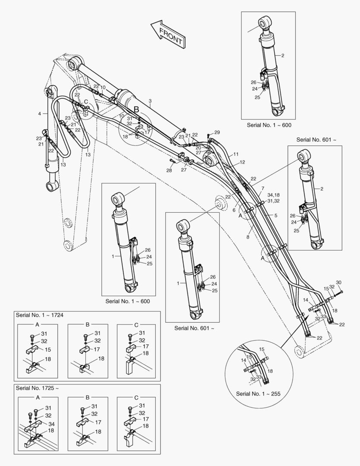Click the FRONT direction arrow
[167, 34]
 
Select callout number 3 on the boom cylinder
[150, 101]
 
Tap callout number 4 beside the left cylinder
[39, 113]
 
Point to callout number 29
[217, 132]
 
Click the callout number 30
[338, 283]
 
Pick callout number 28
[169, 171]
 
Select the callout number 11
[236, 154]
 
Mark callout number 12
[242, 162]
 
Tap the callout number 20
[198, 148]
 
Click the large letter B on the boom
[136, 109]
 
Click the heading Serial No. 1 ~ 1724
[39, 315]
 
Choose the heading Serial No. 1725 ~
[37, 388]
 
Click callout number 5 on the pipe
[264, 215]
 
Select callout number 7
[263, 189]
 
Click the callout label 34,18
[273, 195]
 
